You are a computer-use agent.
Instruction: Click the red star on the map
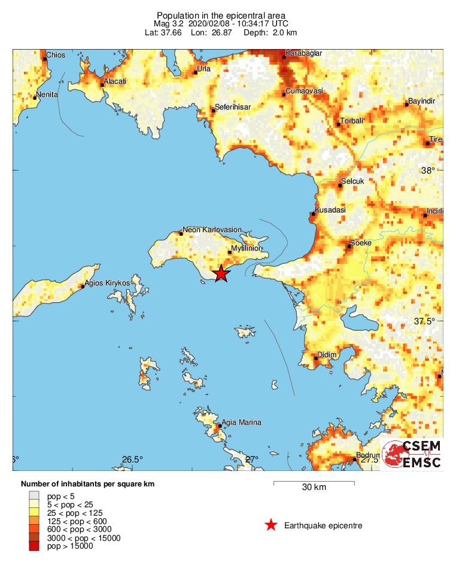point(221,273)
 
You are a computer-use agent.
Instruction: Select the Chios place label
point(56,56)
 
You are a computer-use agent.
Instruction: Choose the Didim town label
point(327,355)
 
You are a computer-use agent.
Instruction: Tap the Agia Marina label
point(241,422)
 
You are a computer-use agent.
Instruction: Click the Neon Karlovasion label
point(212,229)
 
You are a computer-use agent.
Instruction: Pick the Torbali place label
point(351,121)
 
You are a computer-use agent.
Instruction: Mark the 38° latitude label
point(428,171)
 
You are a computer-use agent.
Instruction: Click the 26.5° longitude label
point(133,459)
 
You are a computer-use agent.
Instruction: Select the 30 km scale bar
point(314,482)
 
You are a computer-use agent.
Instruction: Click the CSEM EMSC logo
point(412,455)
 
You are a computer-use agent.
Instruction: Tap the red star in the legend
point(271,525)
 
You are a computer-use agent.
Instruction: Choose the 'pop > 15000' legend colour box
point(35,546)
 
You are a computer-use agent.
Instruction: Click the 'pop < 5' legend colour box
point(35,495)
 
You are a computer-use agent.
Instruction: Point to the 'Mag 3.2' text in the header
point(170,23)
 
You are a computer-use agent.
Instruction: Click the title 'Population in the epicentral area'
point(221,15)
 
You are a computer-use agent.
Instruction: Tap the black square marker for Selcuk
point(340,185)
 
